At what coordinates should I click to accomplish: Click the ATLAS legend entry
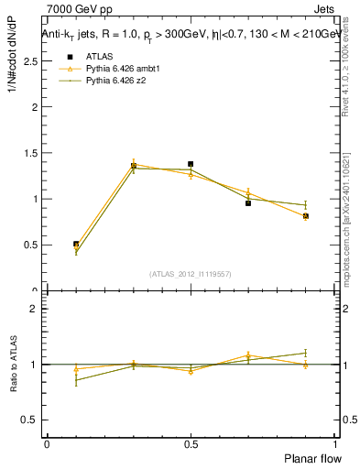click(x=99, y=56)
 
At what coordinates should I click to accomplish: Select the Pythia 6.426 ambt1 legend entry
click(x=122, y=69)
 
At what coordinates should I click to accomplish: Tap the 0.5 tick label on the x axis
click(x=191, y=443)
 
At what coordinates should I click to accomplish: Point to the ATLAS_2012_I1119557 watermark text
click(x=191, y=274)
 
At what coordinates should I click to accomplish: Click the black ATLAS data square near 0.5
click(x=191, y=164)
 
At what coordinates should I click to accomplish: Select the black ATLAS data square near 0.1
click(x=76, y=245)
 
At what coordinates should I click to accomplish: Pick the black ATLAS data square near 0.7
click(x=248, y=203)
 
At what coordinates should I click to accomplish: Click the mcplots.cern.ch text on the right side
click(x=348, y=234)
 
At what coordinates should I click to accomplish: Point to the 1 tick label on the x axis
click(x=335, y=443)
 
